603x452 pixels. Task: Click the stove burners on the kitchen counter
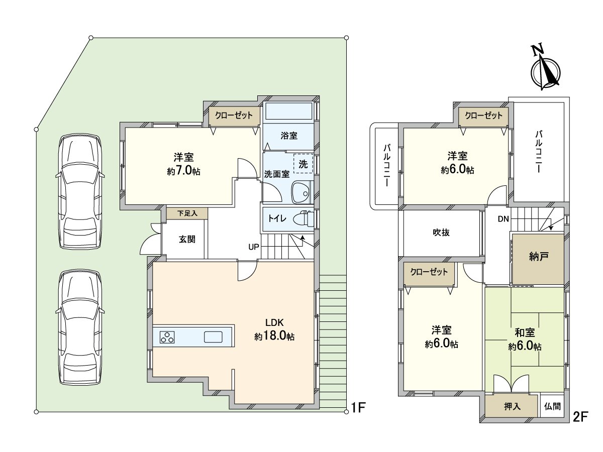[x=168, y=337]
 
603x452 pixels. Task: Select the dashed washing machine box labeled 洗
[x=303, y=163]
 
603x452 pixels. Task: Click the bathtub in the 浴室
[x=288, y=111]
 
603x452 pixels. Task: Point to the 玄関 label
[x=187, y=240]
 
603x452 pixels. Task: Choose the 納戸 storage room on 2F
[x=538, y=258]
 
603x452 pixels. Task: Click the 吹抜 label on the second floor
[x=441, y=233]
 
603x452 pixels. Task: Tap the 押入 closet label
[x=512, y=406]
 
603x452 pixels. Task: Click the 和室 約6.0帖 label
[x=525, y=339]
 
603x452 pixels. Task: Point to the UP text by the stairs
[x=253, y=247]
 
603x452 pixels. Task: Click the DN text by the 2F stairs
[x=504, y=219]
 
